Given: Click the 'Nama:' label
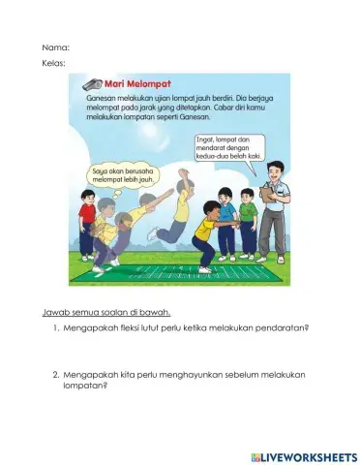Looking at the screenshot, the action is tap(56, 46).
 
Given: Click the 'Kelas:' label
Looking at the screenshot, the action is tap(54, 65).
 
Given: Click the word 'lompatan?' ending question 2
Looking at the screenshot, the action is tap(85, 386).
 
